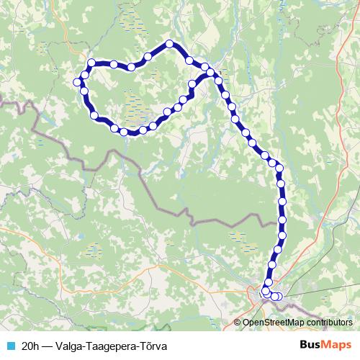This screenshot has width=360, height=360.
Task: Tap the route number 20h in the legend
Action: pos(31,345)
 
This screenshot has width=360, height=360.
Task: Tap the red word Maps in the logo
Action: pos(338,344)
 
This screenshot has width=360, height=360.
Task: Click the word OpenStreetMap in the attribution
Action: pos(274,323)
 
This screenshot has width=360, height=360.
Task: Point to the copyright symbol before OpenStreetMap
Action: pos(237,323)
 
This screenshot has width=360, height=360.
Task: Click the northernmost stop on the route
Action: pos(170,44)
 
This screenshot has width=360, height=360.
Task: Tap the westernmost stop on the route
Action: pos(77,81)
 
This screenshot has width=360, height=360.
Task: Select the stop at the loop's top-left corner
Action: pos(91,63)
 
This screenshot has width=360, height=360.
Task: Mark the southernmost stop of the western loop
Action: pos(124,132)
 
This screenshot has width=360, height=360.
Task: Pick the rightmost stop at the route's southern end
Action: pos(279,296)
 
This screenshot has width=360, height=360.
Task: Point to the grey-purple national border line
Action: pos(166,209)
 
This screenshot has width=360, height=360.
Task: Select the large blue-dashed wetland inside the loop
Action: pos(137,108)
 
